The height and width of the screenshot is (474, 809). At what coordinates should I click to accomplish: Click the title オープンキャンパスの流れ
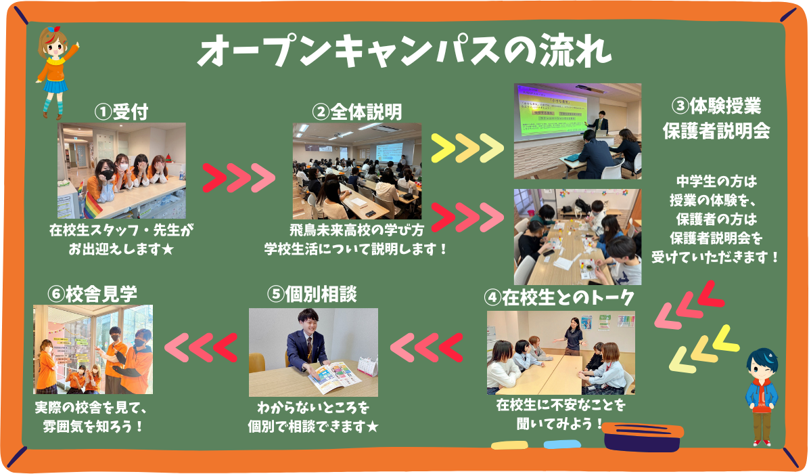coord(405,51)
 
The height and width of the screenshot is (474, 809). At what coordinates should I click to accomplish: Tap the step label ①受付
coord(122,112)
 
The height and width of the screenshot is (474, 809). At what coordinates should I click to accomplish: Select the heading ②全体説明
coord(356,112)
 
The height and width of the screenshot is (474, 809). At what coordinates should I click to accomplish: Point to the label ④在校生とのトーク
coord(559,297)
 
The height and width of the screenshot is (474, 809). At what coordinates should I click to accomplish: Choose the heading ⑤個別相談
coord(312,295)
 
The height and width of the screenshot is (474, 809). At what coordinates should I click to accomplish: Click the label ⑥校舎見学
coord(93,294)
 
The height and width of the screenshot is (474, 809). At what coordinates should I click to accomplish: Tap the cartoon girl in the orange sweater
coord(55,71)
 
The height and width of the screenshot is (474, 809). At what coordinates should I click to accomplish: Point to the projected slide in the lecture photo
coord(551,112)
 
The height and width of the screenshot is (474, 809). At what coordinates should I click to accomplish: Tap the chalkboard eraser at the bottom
coord(643,437)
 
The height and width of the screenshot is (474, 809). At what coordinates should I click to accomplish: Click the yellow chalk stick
coord(509,445)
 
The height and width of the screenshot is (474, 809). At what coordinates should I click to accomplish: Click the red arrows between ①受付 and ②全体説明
coord(239,178)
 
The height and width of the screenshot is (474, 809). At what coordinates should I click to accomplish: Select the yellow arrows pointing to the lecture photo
coord(467,148)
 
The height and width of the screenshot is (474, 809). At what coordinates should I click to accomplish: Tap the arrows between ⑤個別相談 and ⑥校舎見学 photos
coord(201,347)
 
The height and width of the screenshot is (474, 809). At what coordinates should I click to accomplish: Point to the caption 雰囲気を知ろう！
coord(93,427)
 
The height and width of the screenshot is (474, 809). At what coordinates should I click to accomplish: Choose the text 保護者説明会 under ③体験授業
coord(716,131)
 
